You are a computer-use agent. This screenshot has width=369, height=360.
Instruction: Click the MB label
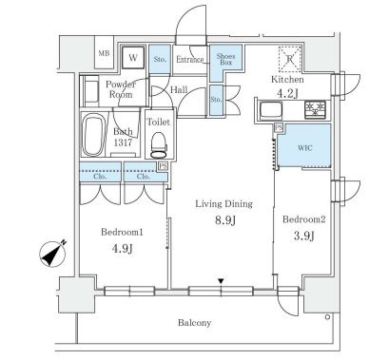click(104, 53)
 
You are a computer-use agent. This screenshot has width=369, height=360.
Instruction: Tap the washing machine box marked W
click(133, 57)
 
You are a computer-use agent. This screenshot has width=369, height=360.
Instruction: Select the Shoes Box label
click(225, 59)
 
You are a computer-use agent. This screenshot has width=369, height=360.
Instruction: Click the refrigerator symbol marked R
click(289, 59)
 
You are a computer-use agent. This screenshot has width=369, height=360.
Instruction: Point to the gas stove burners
click(315, 109)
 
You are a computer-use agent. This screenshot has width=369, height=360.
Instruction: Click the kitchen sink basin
click(271, 110)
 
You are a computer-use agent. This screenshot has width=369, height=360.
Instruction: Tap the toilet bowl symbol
click(159, 145)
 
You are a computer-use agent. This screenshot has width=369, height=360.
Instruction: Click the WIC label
click(305, 148)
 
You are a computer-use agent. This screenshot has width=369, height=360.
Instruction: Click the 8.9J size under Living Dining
click(225, 220)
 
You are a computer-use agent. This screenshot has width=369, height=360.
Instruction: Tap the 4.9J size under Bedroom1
click(122, 249)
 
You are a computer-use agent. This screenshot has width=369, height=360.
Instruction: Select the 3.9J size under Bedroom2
click(303, 236)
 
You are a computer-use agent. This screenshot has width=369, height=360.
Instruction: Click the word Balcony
click(194, 323)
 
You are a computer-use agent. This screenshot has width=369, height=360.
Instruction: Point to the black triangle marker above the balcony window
click(221, 281)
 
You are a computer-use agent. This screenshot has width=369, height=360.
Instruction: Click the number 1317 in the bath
click(123, 142)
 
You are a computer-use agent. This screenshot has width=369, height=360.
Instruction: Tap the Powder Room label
click(120, 89)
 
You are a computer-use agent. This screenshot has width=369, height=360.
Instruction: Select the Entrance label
click(190, 60)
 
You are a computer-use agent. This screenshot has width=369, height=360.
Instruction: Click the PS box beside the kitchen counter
click(279, 128)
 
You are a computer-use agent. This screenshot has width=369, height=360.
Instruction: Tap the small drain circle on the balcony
click(327, 316)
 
